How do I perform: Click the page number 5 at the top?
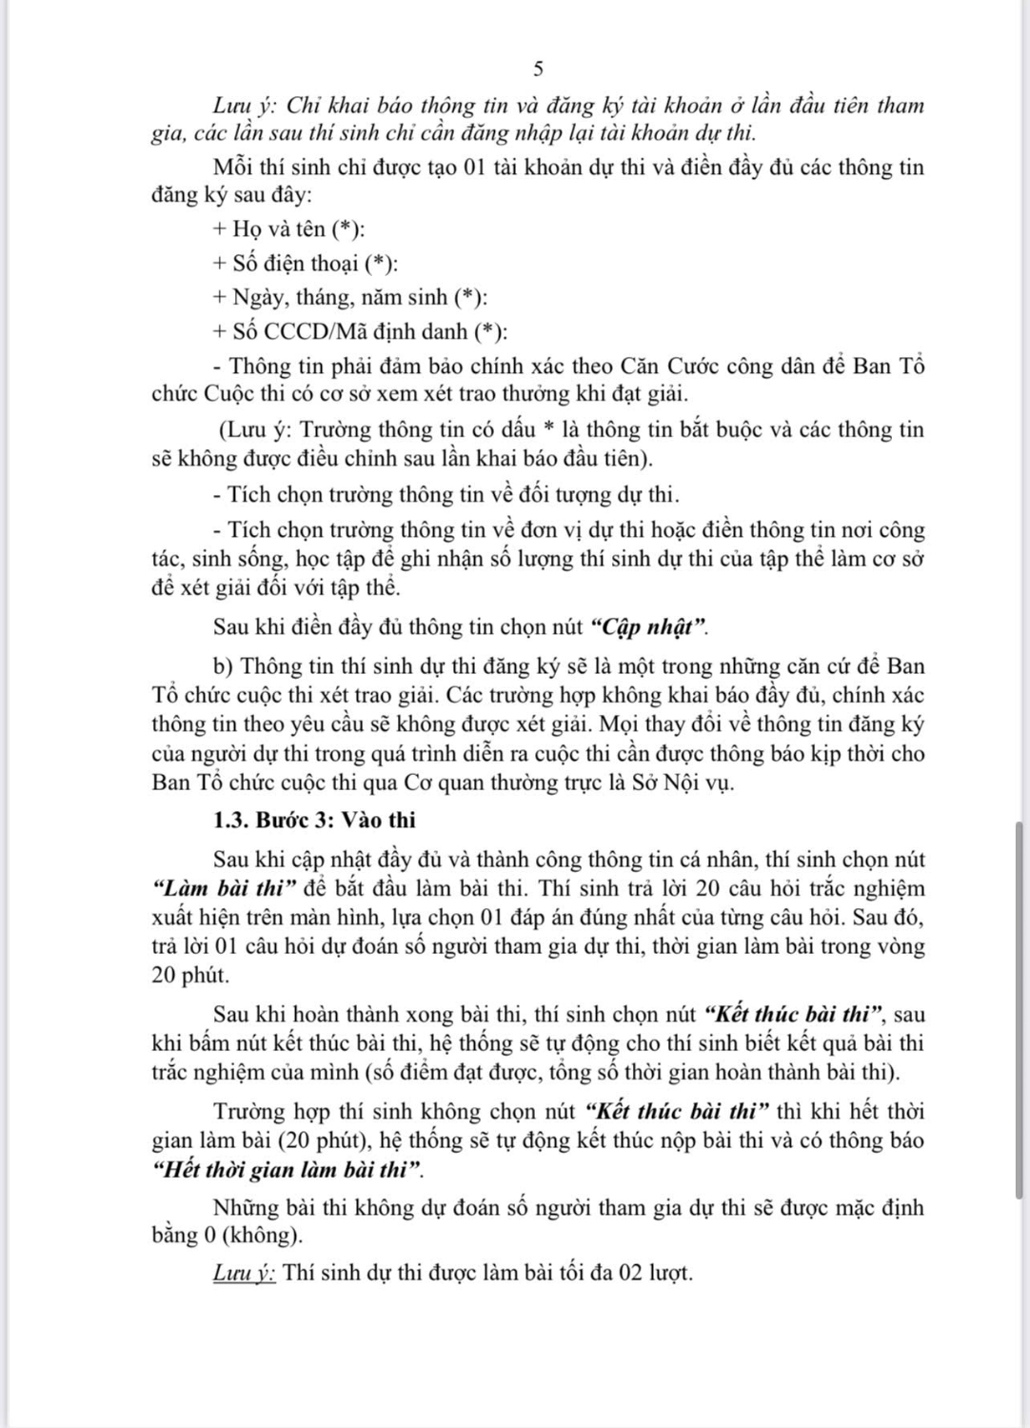pos(539,69)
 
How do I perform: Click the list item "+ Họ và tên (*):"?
pos(289,229)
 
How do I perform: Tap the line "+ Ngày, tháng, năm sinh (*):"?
pos(350,298)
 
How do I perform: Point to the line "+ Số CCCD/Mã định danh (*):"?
pos(360,332)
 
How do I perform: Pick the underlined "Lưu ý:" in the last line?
pos(245,1273)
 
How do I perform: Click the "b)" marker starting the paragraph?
pos(225,666)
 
